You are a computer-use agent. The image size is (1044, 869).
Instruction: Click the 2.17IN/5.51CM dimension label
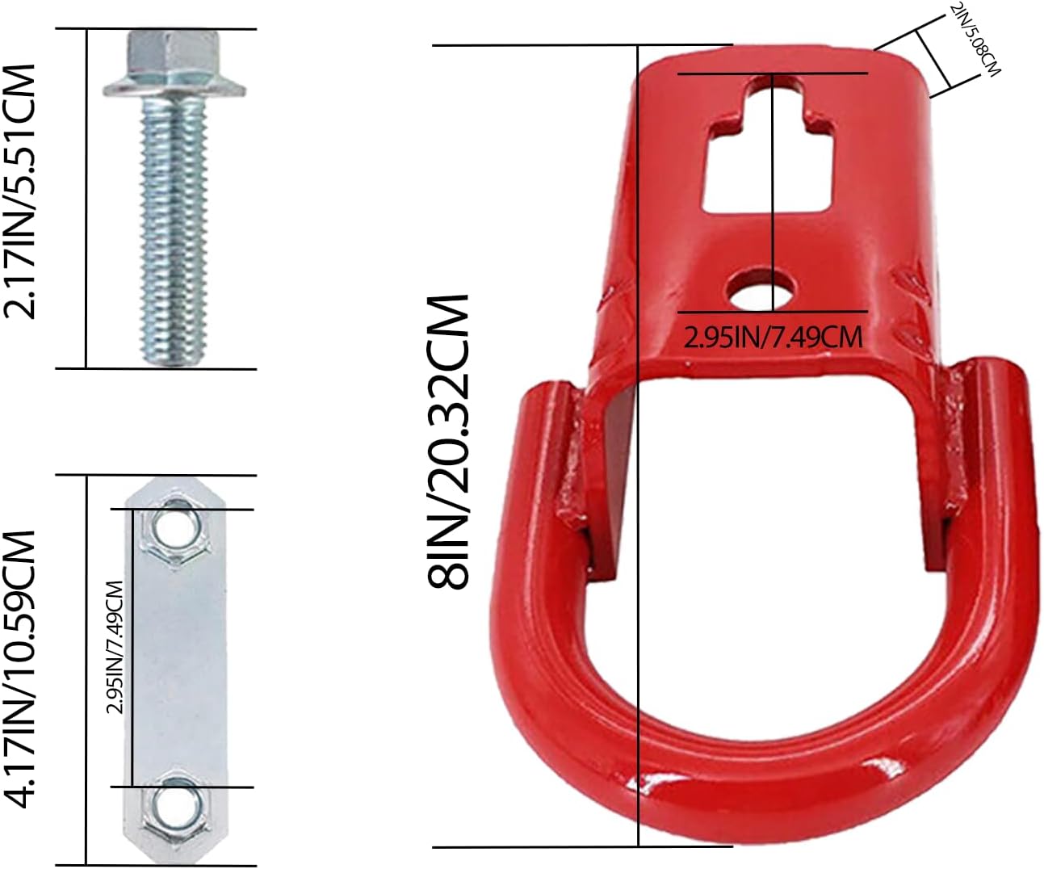21,191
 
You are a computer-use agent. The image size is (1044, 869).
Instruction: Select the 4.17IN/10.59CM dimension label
21,669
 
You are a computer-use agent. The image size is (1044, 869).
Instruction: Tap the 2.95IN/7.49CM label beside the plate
115,647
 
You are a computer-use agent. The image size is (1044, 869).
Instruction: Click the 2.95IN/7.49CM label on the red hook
773,336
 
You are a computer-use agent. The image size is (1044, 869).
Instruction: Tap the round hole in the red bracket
762,290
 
